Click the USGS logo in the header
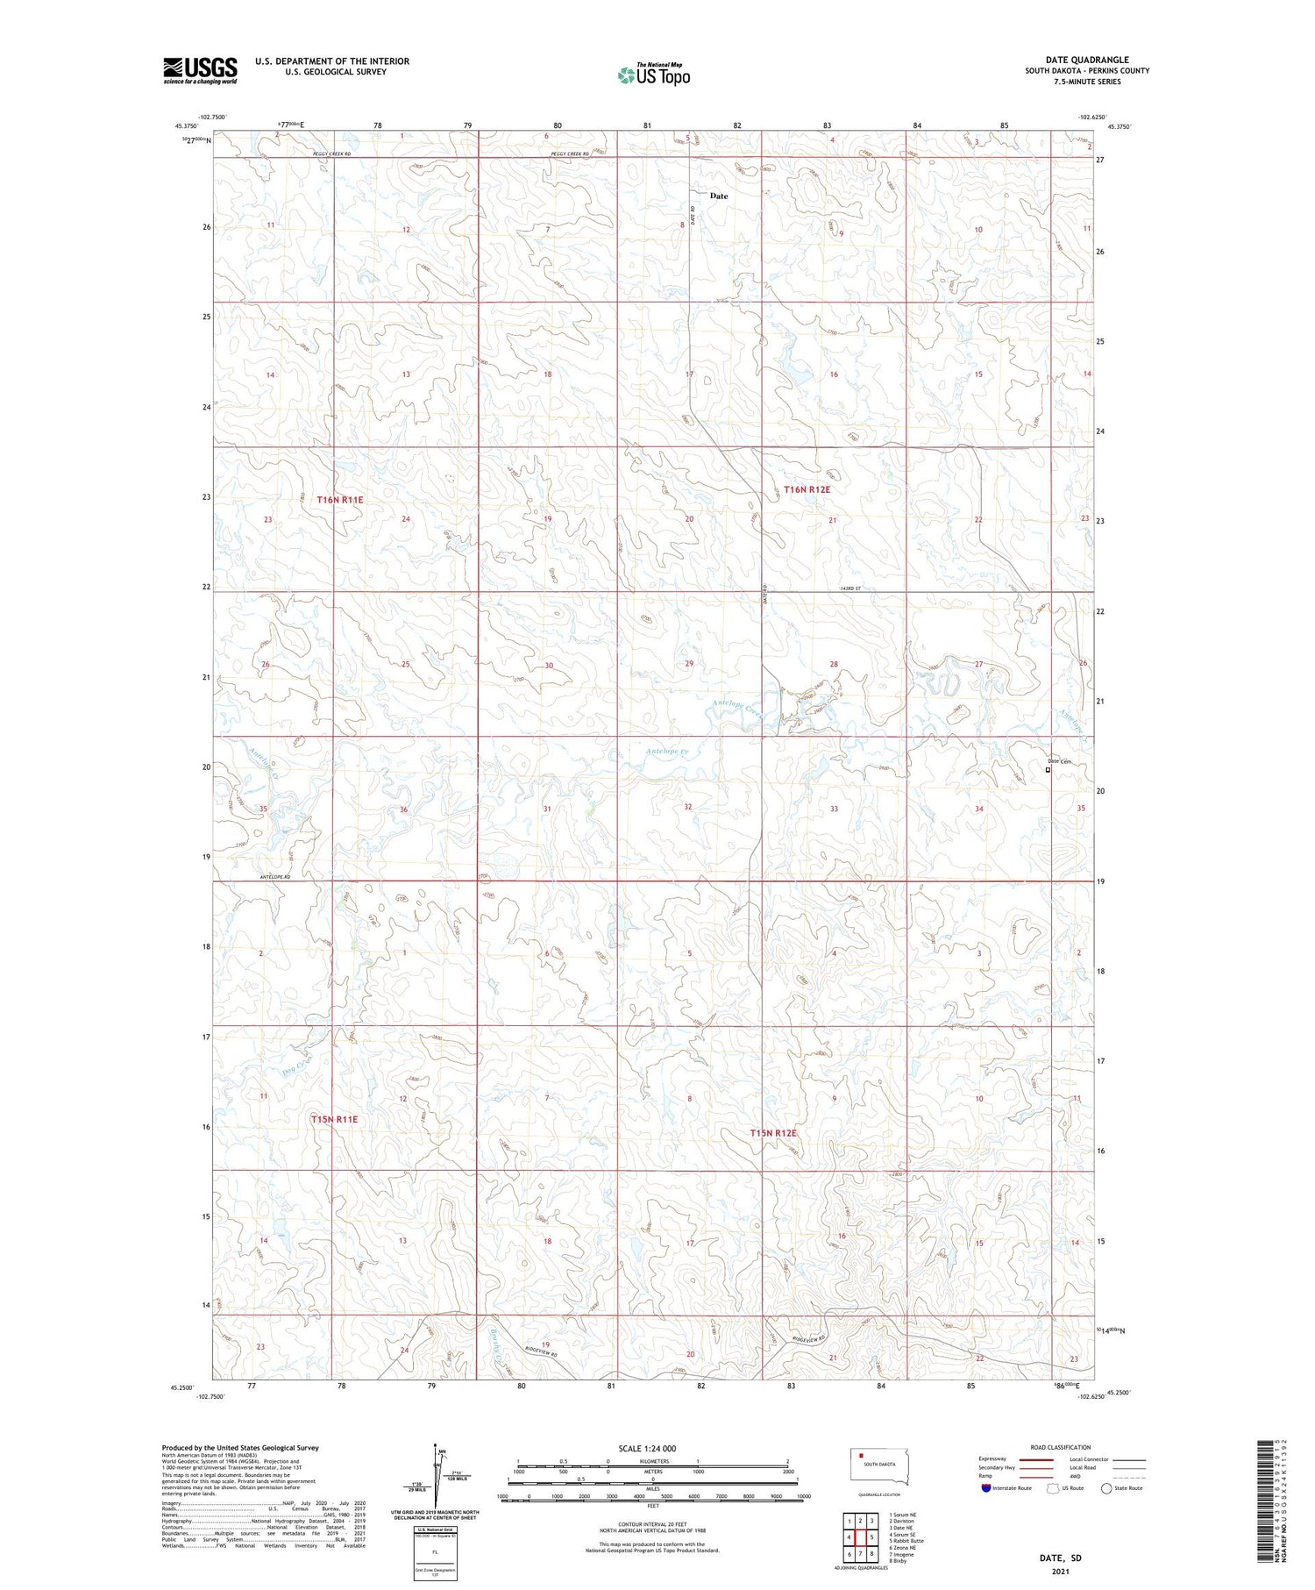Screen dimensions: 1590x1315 point(200,70)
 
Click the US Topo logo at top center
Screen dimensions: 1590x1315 point(653,75)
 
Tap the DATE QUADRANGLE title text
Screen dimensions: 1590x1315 point(1087,60)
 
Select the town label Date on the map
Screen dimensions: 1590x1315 point(719,196)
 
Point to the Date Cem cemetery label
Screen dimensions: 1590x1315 point(1060,761)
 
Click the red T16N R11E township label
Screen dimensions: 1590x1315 point(340,499)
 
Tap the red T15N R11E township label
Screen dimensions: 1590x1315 point(334,1119)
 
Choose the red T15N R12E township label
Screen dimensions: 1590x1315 point(773,1133)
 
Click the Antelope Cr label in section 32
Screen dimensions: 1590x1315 point(667,752)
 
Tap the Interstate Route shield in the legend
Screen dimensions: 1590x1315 point(986,1488)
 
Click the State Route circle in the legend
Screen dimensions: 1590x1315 point(1106,1488)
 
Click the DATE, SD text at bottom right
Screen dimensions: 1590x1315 point(1060,1558)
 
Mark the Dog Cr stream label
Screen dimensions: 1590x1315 point(299,1068)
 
